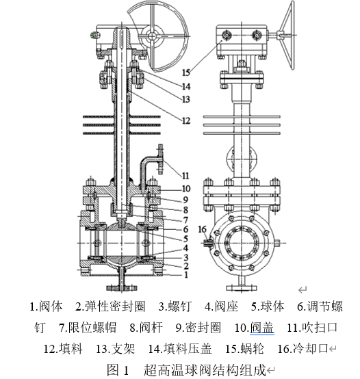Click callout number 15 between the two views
186,73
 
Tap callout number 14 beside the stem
186,86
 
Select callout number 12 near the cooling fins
186,120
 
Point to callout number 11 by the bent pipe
185,176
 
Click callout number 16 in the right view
203,229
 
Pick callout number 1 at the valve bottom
186,275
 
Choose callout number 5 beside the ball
185,239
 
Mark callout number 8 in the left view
185,210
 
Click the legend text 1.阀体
46,306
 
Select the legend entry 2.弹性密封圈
110,306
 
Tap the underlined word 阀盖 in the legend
262,328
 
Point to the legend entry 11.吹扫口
312,328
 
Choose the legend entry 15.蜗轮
244,349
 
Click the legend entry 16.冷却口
303,349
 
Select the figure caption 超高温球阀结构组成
205,370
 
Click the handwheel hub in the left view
153,36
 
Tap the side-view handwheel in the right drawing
288,36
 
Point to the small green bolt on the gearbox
92,36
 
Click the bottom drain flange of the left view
122,288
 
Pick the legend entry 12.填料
63,349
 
